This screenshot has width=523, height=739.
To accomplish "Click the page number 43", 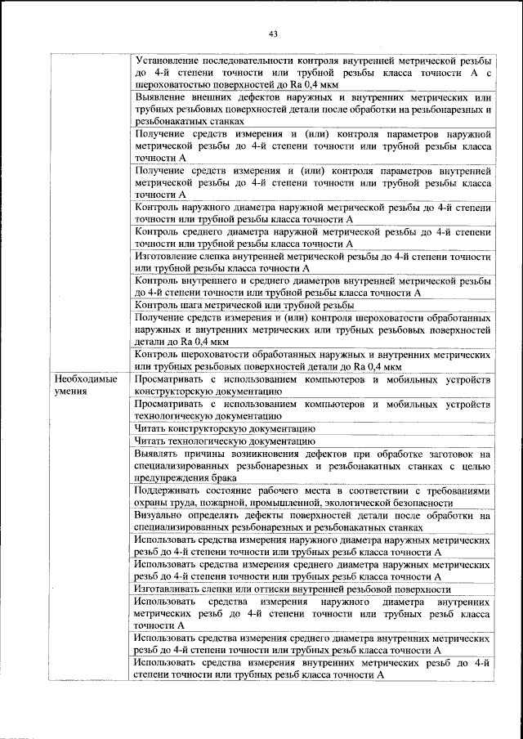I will tap(273, 34).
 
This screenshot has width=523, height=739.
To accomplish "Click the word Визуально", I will tap(160, 516).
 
